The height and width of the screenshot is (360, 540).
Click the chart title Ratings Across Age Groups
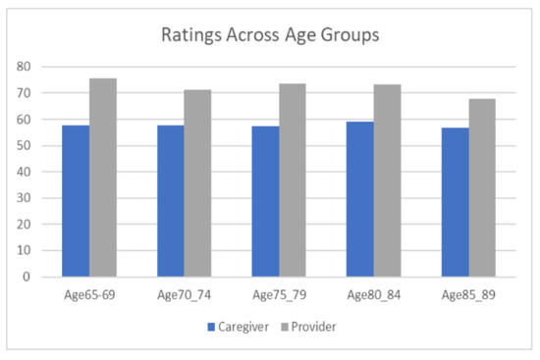point(269,37)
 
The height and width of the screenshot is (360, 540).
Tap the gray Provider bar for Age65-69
point(104,178)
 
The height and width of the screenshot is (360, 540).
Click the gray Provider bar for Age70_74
point(197,183)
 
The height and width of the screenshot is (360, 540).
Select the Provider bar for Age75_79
point(293,180)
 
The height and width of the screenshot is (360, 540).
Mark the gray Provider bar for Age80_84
point(387,180)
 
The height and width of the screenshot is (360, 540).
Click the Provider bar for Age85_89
point(481,187)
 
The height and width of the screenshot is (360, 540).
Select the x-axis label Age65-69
point(90,294)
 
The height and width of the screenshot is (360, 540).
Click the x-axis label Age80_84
point(373,294)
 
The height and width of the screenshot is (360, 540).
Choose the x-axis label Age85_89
point(467,294)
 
